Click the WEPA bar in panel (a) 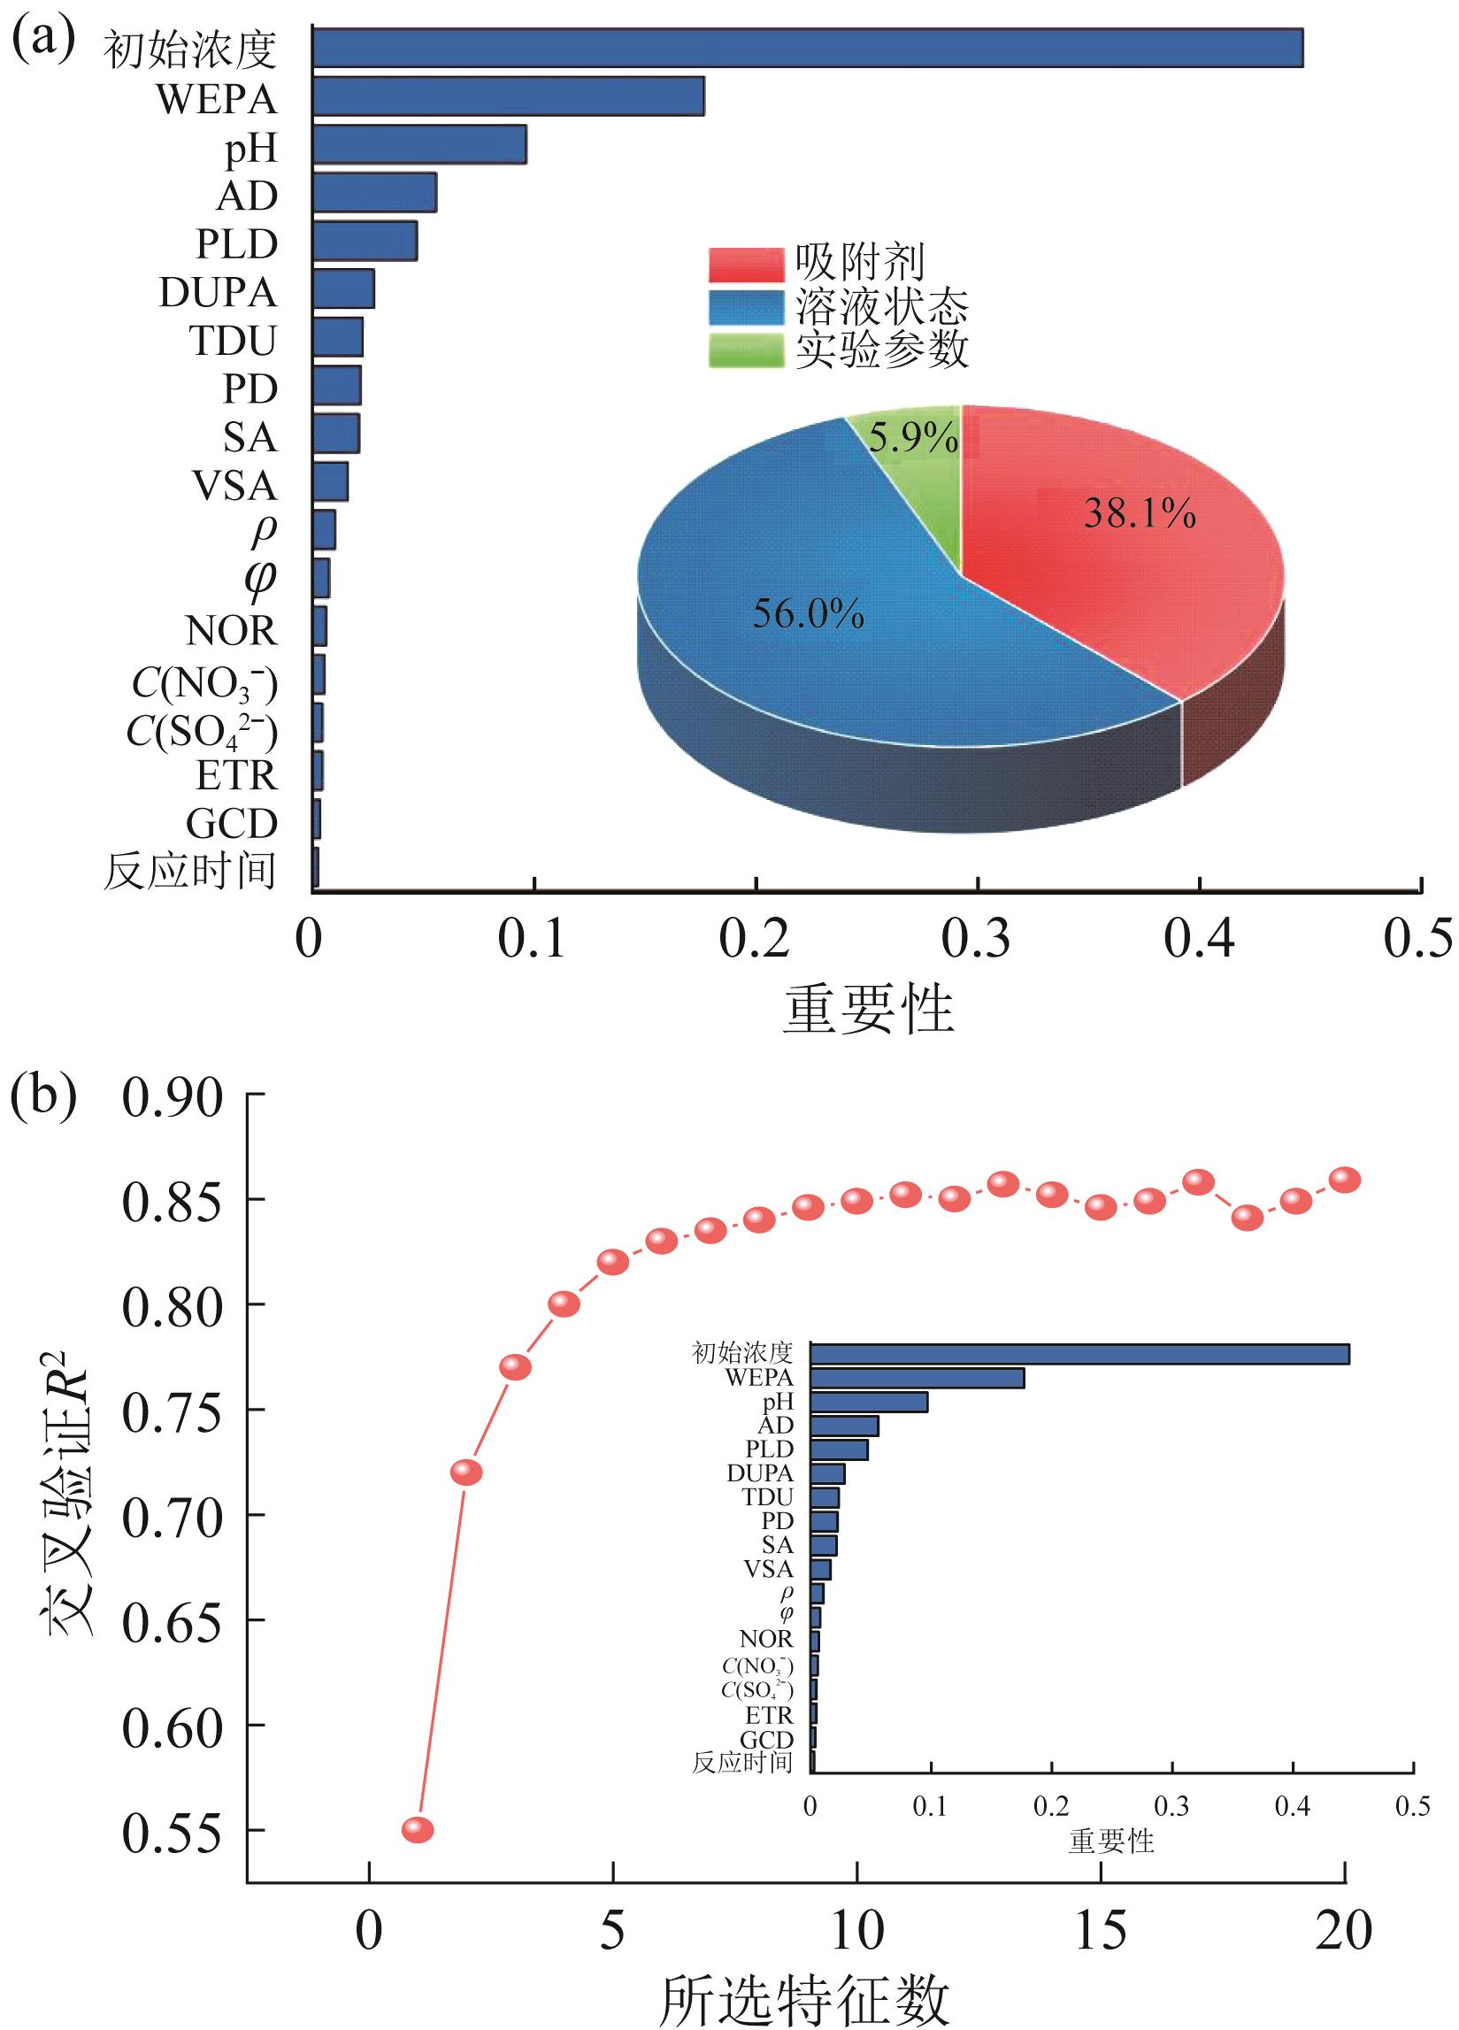[508, 96]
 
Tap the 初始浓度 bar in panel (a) [805, 49]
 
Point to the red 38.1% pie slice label [1139, 515]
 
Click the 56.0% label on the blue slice [808, 615]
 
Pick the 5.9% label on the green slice [914, 440]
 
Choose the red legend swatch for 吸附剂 [746, 265]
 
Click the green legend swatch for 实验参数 [746, 350]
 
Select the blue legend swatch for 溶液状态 [746, 308]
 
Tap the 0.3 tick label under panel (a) [977, 940]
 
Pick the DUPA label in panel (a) [218, 292]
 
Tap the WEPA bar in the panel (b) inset [917, 1379]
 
